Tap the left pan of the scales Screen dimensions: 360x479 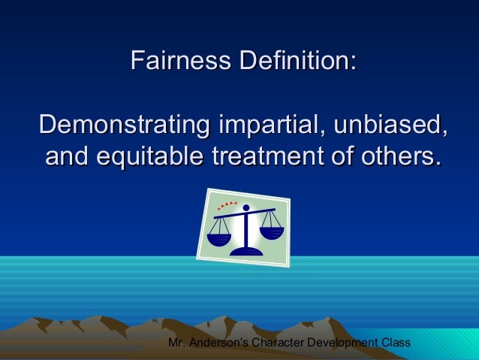tap(219, 240)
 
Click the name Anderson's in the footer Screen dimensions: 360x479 tap(227, 344)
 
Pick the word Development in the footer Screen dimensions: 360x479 tap(351, 344)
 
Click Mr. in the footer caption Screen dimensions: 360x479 tap(178, 344)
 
